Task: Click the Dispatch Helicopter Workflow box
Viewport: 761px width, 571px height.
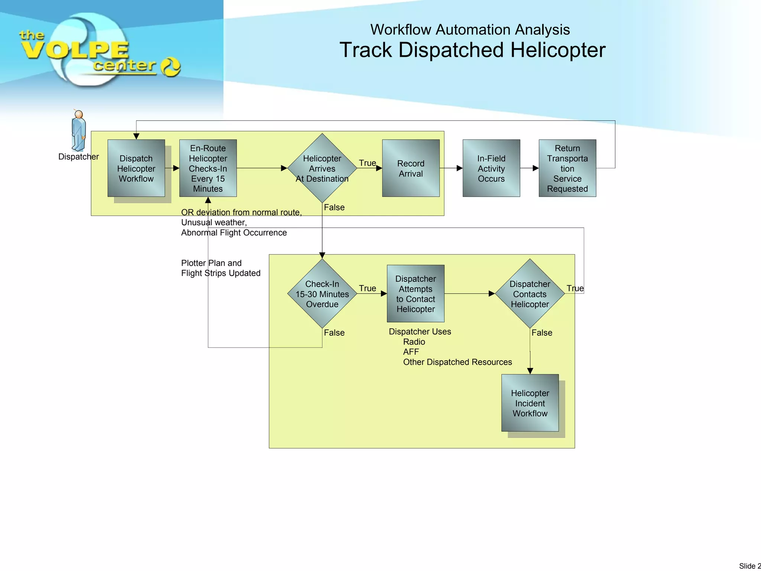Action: coord(136,168)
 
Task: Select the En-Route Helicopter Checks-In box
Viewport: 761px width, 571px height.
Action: coord(208,168)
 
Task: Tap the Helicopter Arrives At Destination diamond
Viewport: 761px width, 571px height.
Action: coord(322,168)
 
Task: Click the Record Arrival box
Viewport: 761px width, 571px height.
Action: coord(411,168)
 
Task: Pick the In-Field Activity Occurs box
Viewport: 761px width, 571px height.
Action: coord(491,168)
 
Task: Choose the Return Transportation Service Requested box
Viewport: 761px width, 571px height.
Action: coord(567,168)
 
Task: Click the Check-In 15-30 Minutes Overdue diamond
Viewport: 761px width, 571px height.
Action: coord(322,294)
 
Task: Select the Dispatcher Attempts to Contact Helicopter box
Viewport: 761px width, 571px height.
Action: coord(415,294)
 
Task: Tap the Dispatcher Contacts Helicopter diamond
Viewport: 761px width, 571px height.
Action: coord(530,294)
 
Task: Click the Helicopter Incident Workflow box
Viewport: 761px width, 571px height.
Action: coord(530,403)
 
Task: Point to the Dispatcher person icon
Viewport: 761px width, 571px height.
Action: coord(78,130)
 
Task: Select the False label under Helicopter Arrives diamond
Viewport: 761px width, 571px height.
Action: coord(334,207)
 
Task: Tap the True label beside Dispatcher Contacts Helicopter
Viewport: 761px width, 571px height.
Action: coord(575,288)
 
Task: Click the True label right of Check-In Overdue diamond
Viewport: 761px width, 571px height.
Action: coord(367,288)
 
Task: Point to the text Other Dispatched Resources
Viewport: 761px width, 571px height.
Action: coord(457,362)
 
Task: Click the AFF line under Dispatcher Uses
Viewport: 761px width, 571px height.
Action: coord(411,352)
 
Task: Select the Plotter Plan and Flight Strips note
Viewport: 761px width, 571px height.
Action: coord(221,268)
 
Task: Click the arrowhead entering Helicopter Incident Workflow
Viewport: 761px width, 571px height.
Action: coord(530,371)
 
